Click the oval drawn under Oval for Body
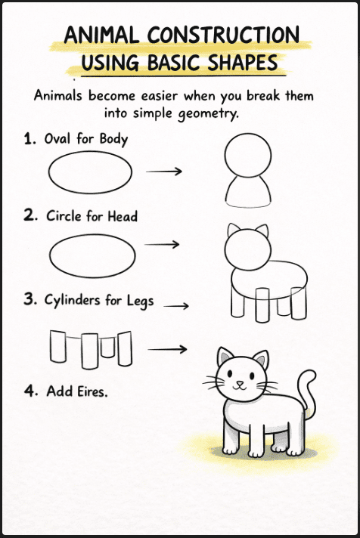coord(90,173)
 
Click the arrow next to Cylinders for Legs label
coord(175,306)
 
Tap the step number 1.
coord(29,139)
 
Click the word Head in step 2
coord(122,216)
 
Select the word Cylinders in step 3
coord(75,300)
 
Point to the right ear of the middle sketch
coord(262,231)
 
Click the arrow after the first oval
coord(163,171)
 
